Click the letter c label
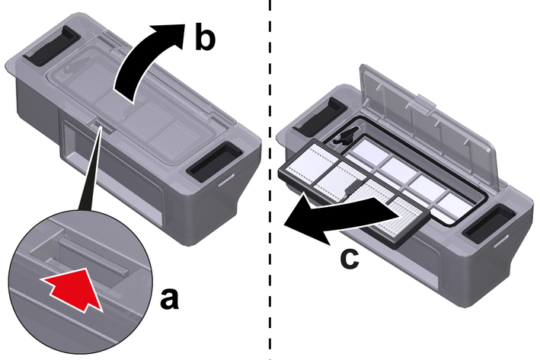[x=347, y=257]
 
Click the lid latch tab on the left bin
[x=97, y=121]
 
